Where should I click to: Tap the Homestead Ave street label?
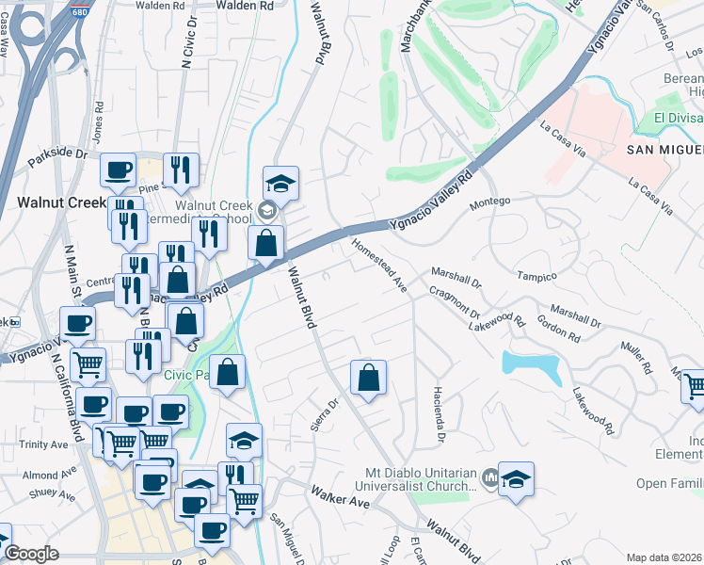[377, 264]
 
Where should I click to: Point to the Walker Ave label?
[341, 497]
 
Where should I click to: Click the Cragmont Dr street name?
[456, 303]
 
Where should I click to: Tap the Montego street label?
[489, 201]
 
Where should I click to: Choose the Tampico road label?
[537, 276]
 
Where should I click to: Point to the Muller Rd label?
[637, 359]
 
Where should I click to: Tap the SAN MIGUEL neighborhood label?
[664, 150]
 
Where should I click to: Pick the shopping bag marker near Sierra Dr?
[369, 378]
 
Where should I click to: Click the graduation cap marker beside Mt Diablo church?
[516, 479]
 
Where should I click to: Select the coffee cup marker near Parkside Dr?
[119, 170]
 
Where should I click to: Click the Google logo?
[31, 554]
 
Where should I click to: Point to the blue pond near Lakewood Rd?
[531, 365]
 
